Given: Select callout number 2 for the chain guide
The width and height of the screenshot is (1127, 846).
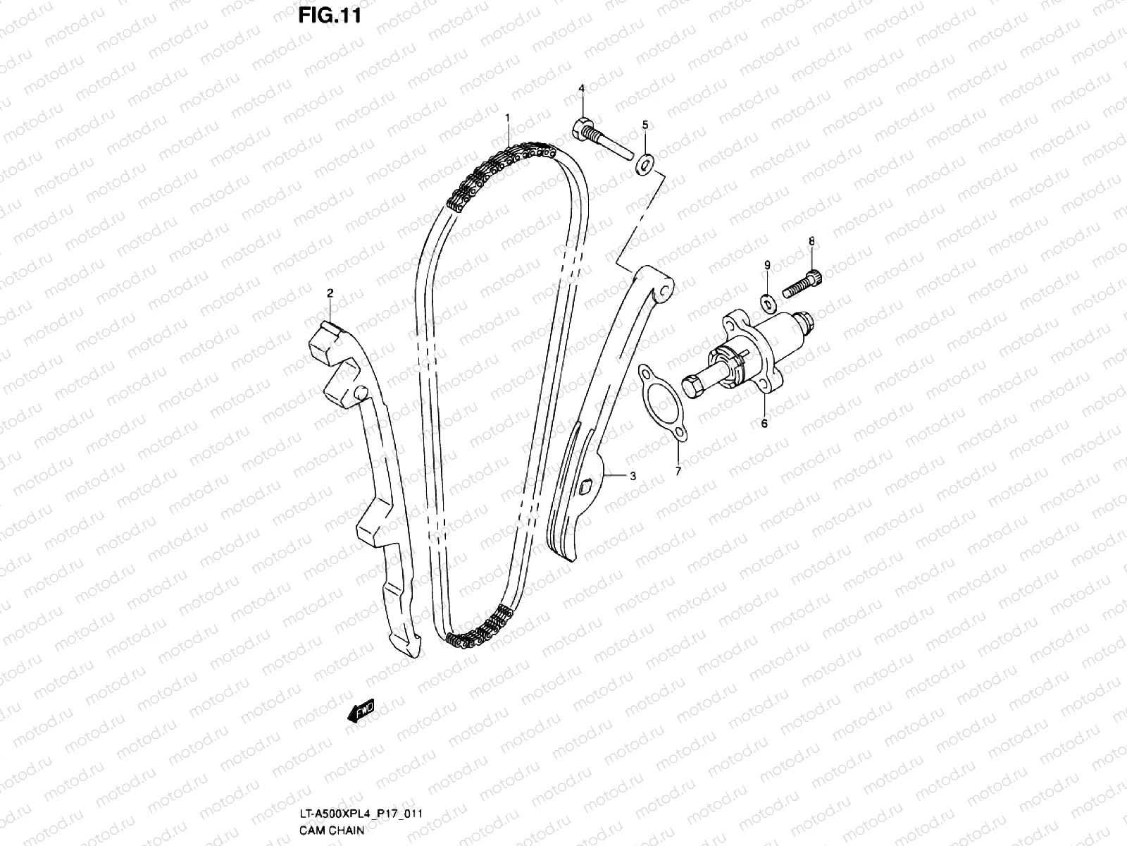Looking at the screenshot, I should tap(329, 292).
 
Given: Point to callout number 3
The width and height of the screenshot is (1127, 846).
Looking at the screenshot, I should tap(633, 477).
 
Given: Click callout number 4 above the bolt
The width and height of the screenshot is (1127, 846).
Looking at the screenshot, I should tap(582, 88).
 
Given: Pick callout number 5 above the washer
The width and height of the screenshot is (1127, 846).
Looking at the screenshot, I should tap(645, 125).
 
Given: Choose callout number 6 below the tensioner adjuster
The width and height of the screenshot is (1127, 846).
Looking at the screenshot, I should tap(764, 424).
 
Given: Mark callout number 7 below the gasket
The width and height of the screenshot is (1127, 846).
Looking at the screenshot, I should tap(678, 471).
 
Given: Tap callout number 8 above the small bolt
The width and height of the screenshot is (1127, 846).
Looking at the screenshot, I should tap(811, 241).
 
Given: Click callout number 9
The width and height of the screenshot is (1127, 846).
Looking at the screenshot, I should tap(768, 264).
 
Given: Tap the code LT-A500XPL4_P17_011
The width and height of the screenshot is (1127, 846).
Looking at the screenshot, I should tap(361, 814).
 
